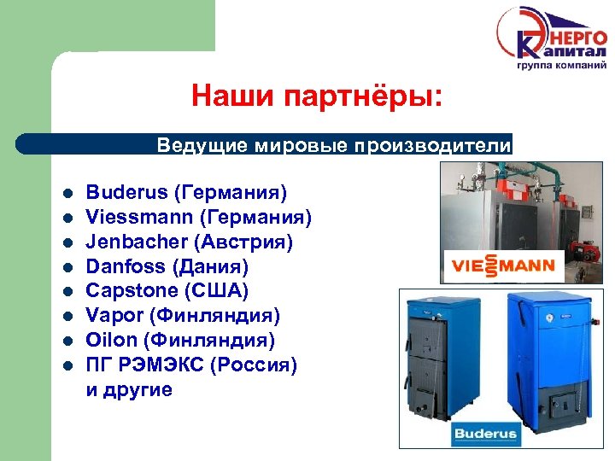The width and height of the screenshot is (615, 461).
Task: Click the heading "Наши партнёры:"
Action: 317,96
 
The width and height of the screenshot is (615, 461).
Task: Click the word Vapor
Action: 114,316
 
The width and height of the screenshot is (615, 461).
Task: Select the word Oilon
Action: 111,341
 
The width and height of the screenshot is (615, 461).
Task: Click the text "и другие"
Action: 129,390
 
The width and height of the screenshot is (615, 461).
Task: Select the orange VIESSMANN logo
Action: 500,266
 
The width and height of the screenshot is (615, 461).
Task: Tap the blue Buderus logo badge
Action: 485,434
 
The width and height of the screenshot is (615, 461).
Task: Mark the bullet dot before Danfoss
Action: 67,267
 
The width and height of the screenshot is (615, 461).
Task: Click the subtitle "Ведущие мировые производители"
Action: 333,145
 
